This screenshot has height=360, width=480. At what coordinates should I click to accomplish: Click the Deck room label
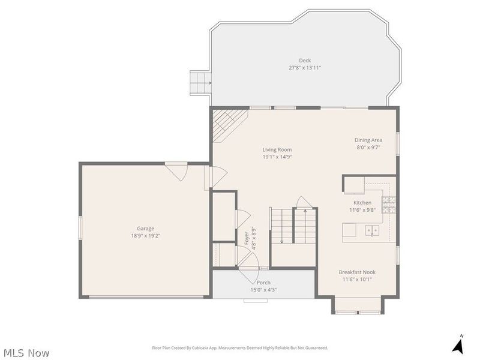pyautogui.click(x=305, y=60)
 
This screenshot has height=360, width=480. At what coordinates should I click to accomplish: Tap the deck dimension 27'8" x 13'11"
pyautogui.click(x=305, y=68)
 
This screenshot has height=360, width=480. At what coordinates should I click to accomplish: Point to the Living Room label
pyautogui.click(x=277, y=149)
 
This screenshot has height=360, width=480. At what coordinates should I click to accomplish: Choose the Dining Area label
pyautogui.click(x=368, y=140)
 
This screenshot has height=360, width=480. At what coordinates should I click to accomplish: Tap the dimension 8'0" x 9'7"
pyautogui.click(x=368, y=147)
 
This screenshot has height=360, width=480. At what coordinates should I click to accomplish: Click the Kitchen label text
pyautogui.click(x=362, y=203)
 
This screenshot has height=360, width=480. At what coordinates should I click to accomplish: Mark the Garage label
pyautogui.click(x=145, y=228)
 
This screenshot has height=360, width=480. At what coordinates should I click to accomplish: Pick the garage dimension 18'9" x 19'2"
pyautogui.click(x=145, y=236)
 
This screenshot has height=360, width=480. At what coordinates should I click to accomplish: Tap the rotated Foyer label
pyautogui.click(x=247, y=238)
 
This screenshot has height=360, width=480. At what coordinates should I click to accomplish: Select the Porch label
pyautogui.click(x=263, y=282)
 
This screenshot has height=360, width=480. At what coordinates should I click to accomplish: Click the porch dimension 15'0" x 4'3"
pyautogui.click(x=263, y=290)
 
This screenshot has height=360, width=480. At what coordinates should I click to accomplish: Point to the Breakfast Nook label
pyautogui.click(x=357, y=272)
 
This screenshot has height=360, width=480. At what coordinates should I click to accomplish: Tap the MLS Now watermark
pyautogui.click(x=26, y=353)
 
